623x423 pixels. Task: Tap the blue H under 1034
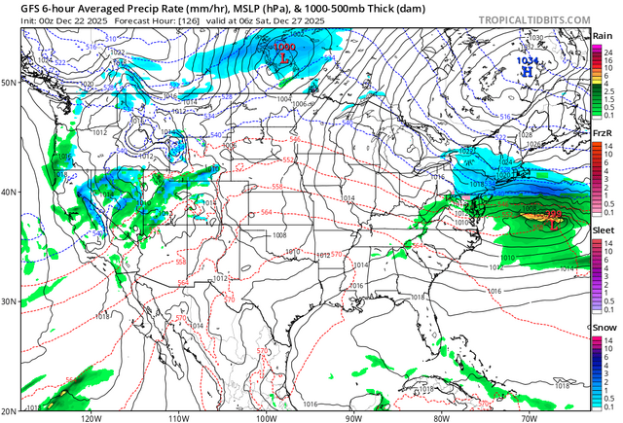click(x=526, y=70)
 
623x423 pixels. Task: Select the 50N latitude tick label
click(x=9, y=83)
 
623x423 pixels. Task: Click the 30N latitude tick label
click(x=9, y=301)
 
